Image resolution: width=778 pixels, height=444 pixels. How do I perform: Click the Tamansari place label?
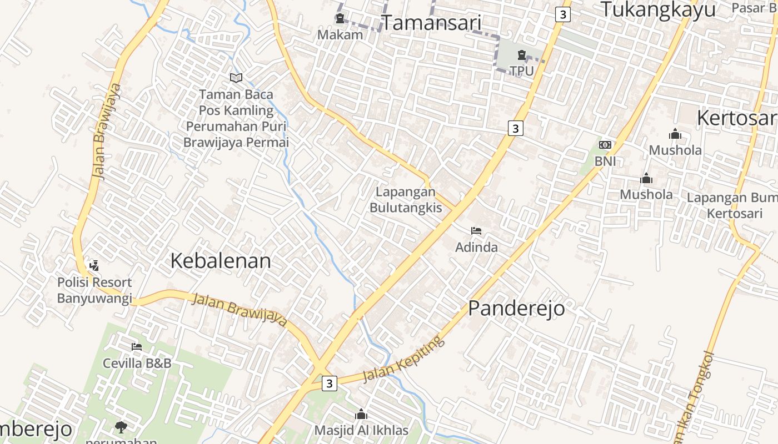pyautogui.click(x=431, y=23)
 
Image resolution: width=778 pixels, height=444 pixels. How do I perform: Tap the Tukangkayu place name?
pyautogui.click(x=657, y=9)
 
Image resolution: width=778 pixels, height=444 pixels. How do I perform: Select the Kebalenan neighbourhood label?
pyautogui.click(x=221, y=261)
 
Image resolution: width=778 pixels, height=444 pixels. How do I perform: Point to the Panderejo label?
pyautogui.click(x=516, y=309)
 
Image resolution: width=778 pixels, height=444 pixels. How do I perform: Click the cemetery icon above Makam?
pyautogui.click(x=340, y=19)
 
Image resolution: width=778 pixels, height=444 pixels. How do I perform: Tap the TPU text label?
pyautogui.click(x=521, y=71)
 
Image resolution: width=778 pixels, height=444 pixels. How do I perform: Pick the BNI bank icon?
pyautogui.click(x=605, y=145)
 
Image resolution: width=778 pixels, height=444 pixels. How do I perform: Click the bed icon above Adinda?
pyautogui.click(x=476, y=231)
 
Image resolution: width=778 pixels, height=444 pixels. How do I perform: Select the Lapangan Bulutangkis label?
pyautogui.click(x=406, y=200)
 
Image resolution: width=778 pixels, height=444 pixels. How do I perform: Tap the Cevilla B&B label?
pyautogui.click(x=137, y=364)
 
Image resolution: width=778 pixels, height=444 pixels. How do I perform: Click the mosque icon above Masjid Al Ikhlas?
pyautogui.click(x=361, y=414)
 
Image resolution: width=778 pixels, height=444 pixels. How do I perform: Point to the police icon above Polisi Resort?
pyautogui.click(x=94, y=266)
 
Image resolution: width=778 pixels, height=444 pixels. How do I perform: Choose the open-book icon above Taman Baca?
pyautogui.click(x=236, y=78)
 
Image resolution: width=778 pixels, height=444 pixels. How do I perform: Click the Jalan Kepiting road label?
pyautogui.click(x=403, y=359)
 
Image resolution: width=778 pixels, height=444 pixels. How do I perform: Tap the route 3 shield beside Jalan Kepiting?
pyautogui.click(x=330, y=384)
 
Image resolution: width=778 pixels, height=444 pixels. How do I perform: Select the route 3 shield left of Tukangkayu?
pyautogui.click(x=562, y=14)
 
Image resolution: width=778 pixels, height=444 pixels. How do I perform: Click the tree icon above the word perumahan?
pyautogui.click(x=121, y=427)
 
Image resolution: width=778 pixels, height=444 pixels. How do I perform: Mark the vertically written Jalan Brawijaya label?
pyautogui.click(x=106, y=131)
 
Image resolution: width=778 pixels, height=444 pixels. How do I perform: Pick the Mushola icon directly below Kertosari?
pyautogui.click(x=675, y=134)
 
